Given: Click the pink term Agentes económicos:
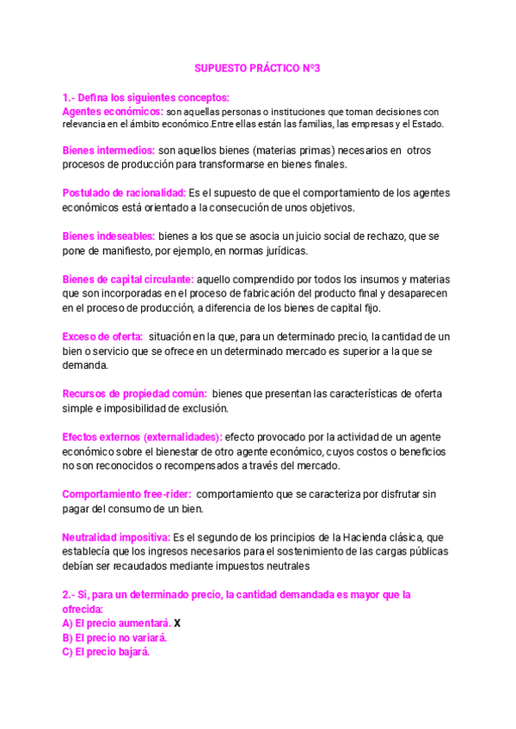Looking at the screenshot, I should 113,112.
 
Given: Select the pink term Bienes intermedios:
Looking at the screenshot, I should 108,150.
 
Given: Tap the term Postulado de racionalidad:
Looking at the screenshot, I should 124,193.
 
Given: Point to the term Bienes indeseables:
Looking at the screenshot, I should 108,236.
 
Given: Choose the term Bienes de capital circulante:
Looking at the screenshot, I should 128,279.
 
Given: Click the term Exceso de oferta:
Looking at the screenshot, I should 102,336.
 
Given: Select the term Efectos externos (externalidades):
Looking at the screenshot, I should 142,437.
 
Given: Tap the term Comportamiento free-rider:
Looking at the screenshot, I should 126,494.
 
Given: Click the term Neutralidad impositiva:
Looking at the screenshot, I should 116,537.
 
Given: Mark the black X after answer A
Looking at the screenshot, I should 177,622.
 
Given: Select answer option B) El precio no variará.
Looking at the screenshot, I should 114,638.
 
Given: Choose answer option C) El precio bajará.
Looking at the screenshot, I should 106,652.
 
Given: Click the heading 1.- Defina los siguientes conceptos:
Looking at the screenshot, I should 145,97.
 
